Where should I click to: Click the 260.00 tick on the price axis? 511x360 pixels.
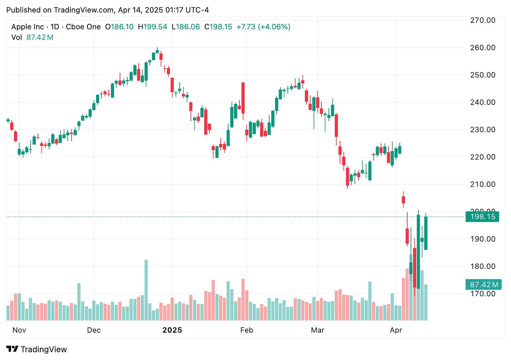[483, 47]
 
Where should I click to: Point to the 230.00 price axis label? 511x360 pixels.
[483, 129]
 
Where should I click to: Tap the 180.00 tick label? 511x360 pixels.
[483, 266]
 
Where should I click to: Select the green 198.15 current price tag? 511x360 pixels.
[482, 216]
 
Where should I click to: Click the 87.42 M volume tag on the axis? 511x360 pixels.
[482, 285]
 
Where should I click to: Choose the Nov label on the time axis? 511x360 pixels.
[19, 330]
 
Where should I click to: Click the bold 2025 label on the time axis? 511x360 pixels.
[172, 330]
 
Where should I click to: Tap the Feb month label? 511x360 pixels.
[246, 330]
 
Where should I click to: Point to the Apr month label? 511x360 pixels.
[396, 330]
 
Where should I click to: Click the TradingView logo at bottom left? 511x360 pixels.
[36, 349]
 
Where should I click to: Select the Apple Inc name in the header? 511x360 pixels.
[28, 27]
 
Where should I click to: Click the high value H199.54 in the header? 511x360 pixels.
[152, 27]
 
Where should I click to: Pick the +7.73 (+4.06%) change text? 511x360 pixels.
[263, 27]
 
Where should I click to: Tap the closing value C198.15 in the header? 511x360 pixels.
[218, 27]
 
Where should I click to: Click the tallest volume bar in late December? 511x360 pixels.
[146, 290]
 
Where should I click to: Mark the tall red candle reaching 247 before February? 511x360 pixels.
[243, 98]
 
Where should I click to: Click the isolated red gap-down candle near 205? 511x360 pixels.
[403, 200]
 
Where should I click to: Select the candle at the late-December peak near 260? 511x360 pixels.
[157, 51]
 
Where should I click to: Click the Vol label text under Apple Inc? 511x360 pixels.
[16, 38]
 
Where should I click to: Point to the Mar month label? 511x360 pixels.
[318, 330]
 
